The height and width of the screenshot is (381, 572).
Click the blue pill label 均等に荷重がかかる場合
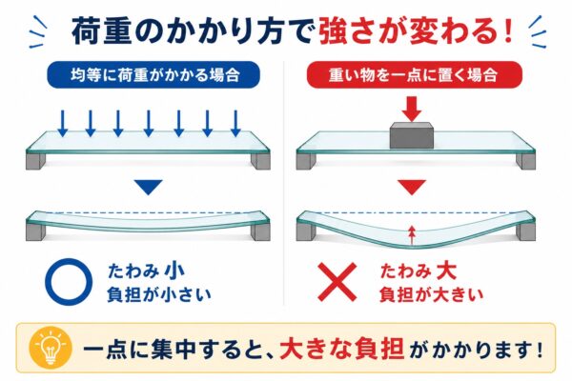153,74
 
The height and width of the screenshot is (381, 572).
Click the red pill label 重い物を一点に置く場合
414,74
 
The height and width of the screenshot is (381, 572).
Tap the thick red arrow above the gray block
412,109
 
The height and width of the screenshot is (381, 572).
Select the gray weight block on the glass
412,135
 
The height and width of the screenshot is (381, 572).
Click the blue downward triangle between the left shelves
148,187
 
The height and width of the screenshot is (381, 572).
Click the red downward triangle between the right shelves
412,187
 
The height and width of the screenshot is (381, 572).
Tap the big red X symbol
337,282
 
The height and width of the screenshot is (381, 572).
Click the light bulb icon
51,348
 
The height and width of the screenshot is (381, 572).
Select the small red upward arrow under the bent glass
412,235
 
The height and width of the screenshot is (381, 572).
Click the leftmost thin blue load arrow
63,123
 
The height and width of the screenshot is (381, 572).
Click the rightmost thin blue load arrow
236,123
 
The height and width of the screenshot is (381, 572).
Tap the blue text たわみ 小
146,271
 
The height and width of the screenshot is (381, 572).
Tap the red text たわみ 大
419,271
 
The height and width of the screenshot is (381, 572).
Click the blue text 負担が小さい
159,294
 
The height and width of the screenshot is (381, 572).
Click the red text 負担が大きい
431,294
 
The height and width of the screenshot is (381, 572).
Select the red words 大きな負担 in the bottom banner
342,349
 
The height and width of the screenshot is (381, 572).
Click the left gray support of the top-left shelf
36,161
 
